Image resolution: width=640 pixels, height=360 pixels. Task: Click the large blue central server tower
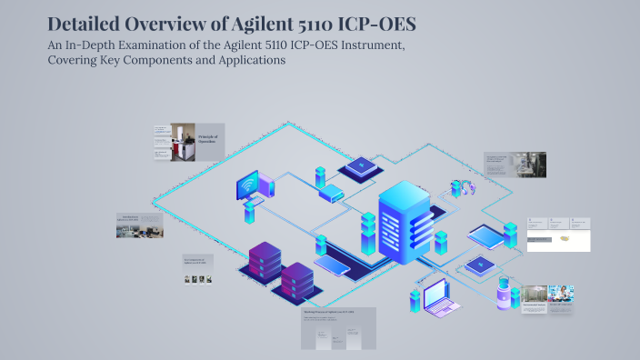tap(405, 217)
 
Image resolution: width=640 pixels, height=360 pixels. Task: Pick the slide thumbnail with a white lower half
tap(559, 235)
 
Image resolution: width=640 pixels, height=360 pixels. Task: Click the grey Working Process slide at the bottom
tap(338, 328)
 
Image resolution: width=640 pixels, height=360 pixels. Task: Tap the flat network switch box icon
tap(331, 194)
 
